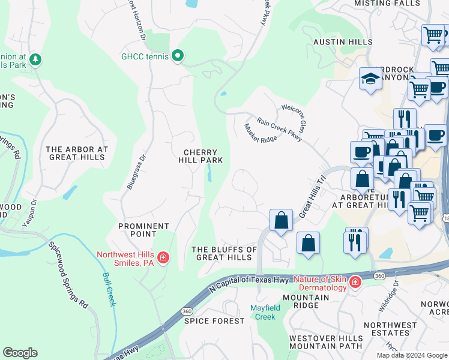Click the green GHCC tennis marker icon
[177, 56]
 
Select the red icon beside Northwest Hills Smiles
[163, 258]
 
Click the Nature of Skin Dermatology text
[321, 283]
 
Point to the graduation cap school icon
[370, 79]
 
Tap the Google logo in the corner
[20, 353]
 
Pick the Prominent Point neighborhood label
[143, 230]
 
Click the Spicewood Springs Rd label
[68, 275]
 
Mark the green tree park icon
[35, 59]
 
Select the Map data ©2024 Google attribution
[412, 355]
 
